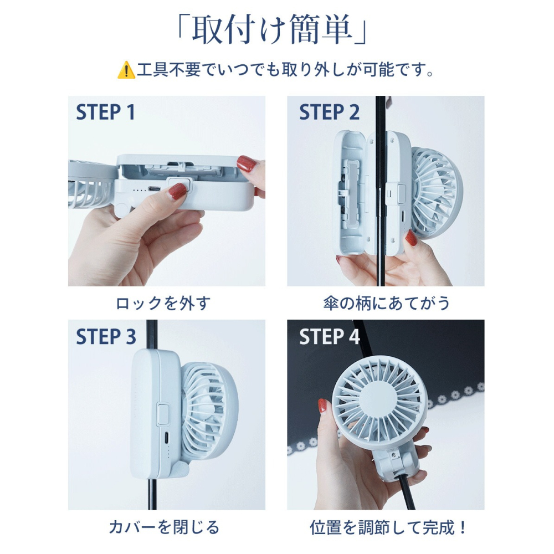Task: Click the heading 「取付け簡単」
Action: (271, 32)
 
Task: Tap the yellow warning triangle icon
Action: (126, 71)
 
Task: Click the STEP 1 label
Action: (105, 112)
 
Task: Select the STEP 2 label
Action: (329, 112)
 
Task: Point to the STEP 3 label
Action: (105, 336)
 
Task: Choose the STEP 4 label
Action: (329, 336)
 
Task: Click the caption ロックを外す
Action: (163, 303)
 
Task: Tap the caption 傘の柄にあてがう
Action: (386, 303)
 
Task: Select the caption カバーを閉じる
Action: (163, 527)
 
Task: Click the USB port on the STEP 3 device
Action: (168, 437)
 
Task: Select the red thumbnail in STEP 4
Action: (322, 406)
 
